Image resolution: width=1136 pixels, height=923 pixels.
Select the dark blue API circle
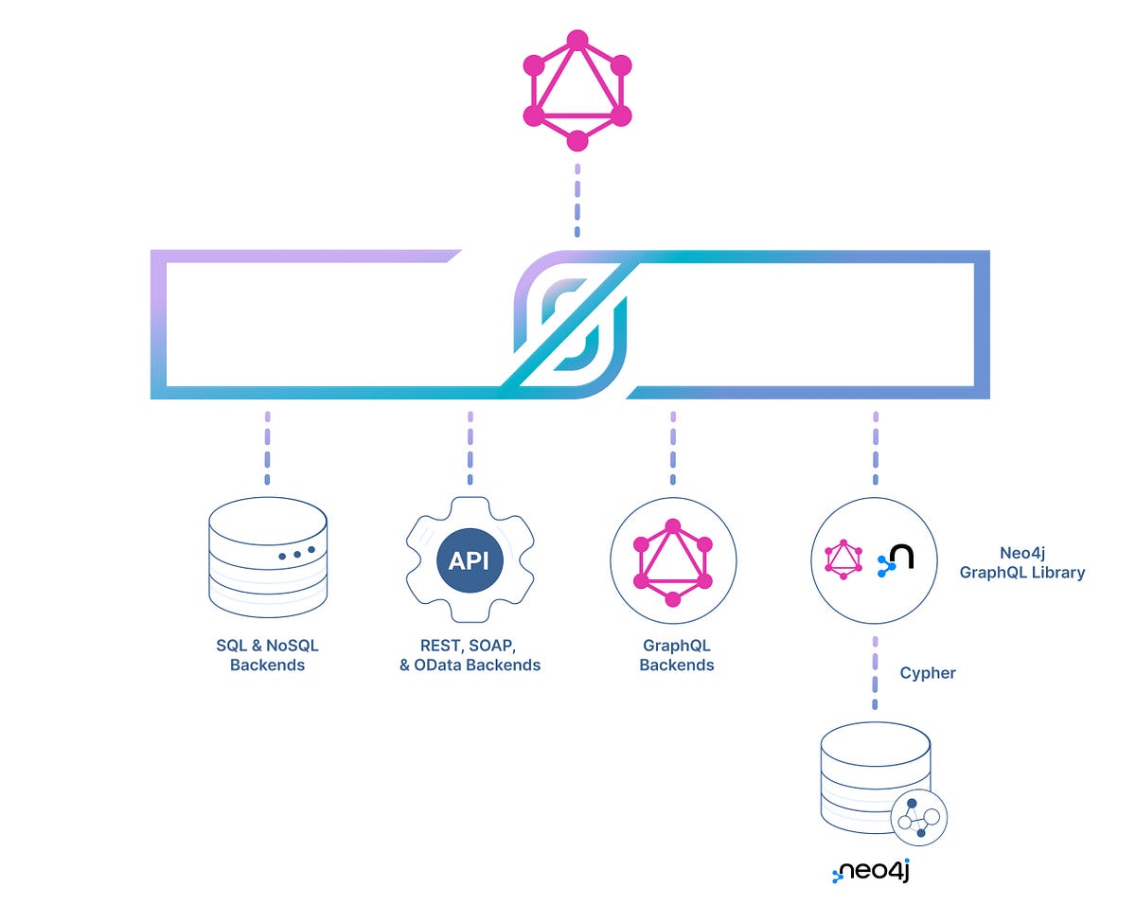point(469,560)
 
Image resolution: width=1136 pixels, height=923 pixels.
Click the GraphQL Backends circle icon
point(672,561)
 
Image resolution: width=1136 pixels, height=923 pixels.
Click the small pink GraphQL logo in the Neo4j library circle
point(843,559)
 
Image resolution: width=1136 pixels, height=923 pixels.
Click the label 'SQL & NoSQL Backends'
point(267,655)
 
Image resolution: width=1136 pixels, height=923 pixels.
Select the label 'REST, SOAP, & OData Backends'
point(470,655)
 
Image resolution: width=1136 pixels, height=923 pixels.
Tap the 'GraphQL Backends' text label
point(676,655)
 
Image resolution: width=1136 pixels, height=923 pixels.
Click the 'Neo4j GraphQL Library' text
point(1021,562)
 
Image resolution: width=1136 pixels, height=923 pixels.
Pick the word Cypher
point(927,673)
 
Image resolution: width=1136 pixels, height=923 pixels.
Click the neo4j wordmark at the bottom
point(871,871)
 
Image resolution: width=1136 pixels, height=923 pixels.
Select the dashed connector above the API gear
point(470,443)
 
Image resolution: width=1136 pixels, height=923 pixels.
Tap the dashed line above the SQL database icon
point(267,443)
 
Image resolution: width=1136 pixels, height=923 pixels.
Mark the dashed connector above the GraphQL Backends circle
point(672,443)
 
